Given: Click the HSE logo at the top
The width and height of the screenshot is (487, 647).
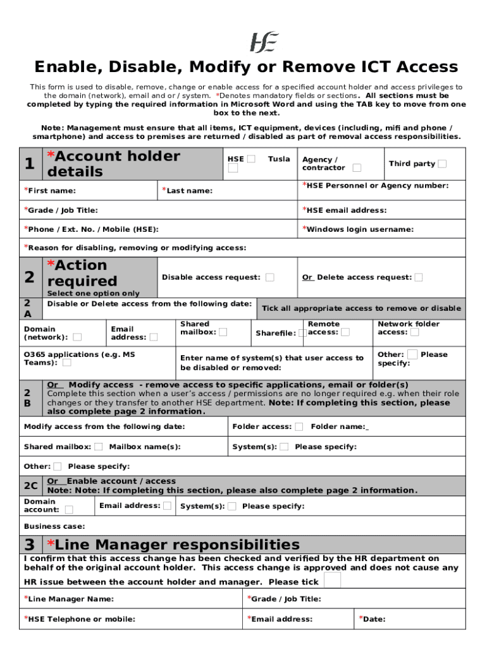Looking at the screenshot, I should coord(264,42).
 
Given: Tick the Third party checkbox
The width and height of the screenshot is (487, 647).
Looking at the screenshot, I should coord(442,164).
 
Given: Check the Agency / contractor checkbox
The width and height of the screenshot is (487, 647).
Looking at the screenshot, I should coord(357,167).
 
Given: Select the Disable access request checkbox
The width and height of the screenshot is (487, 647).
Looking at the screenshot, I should coord(270,277).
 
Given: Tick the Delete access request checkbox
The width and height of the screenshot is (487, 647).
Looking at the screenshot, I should coord(419,277).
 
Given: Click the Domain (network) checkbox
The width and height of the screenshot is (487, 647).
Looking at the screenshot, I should coord(77,337).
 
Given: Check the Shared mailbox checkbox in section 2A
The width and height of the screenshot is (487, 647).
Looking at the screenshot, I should coord(223,332).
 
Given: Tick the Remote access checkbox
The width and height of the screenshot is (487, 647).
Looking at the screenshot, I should coord(345,332).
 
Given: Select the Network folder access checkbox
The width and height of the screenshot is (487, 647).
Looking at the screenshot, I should coord(414,332).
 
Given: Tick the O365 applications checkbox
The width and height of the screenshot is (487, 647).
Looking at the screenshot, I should coord(67,363).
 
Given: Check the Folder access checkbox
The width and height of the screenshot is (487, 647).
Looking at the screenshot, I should coord(299,427).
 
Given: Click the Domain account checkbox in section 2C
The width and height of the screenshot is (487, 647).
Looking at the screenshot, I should coord(69,509).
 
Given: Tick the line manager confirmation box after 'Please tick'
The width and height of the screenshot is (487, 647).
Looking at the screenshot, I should coord(332,580).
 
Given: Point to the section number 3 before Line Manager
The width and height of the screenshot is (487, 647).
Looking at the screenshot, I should coord(30,545).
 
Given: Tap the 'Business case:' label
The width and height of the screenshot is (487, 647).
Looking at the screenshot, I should coord(54,526).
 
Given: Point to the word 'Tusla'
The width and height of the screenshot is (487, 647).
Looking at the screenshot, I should coord(279,159).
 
